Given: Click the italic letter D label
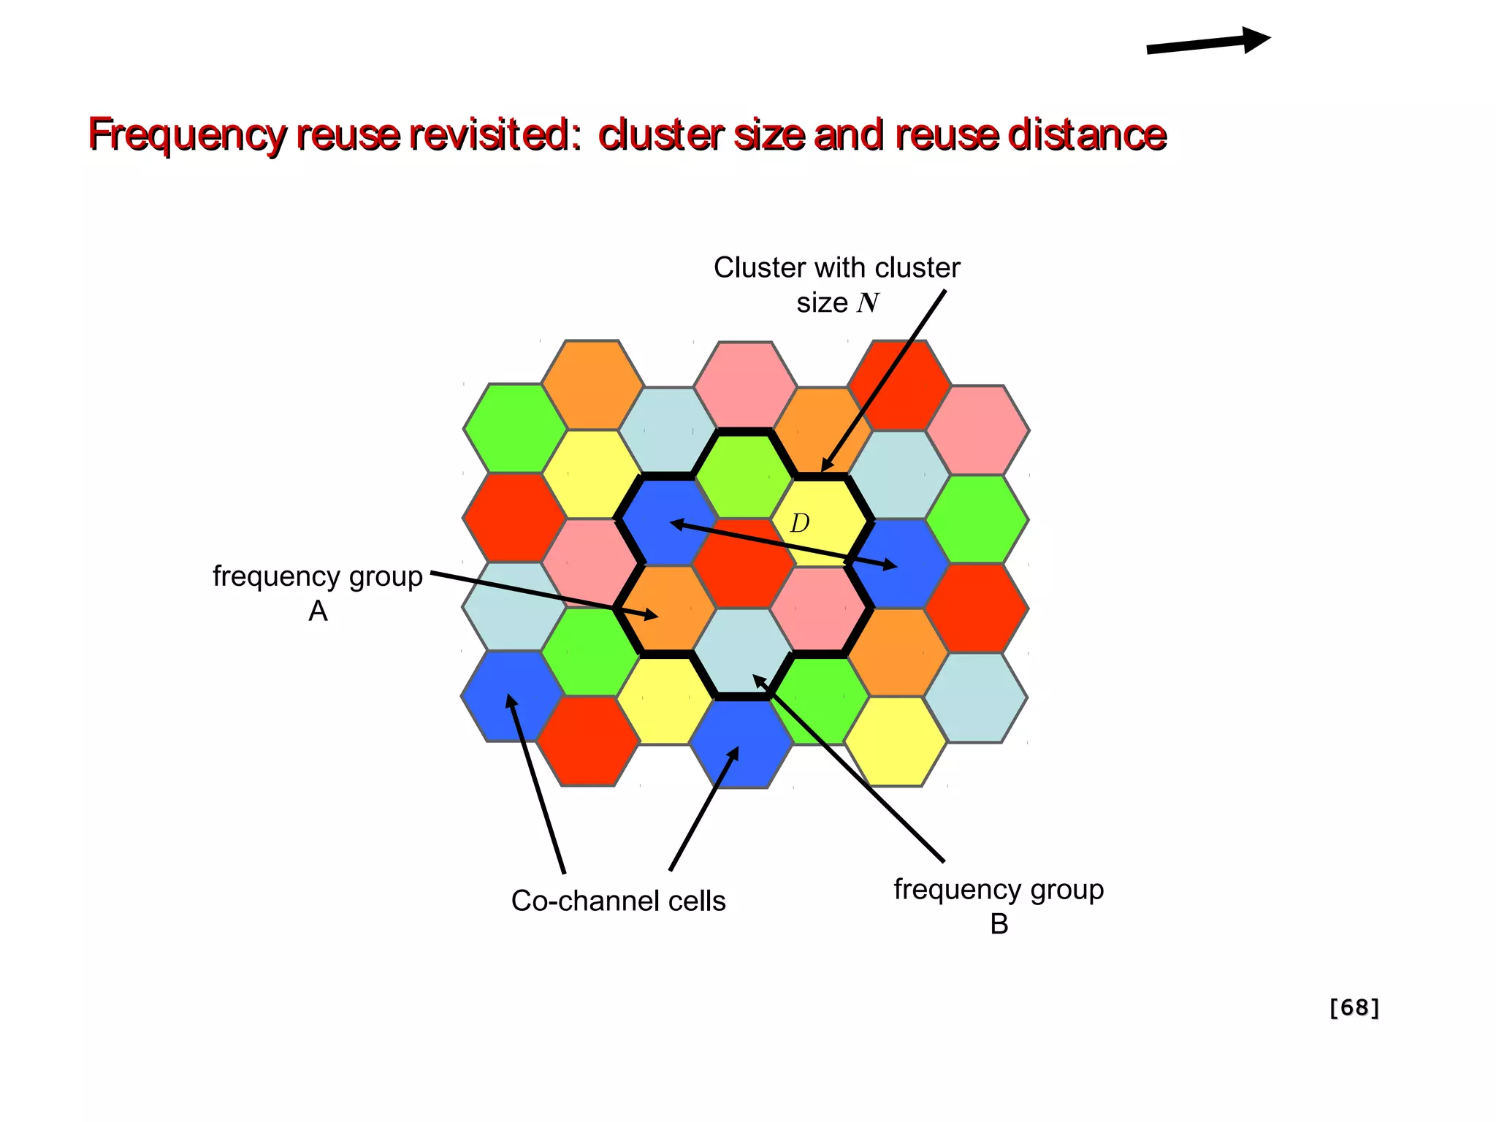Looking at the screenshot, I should pyautogui.click(x=800, y=523).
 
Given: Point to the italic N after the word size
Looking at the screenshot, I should pyautogui.click(x=868, y=302).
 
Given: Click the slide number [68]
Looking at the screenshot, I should pyautogui.click(x=1354, y=1007).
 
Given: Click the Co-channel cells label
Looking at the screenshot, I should pyautogui.click(x=618, y=901).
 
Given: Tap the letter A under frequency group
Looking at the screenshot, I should pyautogui.click(x=318, y=611).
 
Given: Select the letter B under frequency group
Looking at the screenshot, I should pyautogui.click(x=999, y=924).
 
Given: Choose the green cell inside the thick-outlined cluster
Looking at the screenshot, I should pyautogui.click(x=743, y=475).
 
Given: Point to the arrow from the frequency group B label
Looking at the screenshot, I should pyautogui.click(x=847, y=767).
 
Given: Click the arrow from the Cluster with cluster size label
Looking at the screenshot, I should pyautogui.click(x=884, y=380).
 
